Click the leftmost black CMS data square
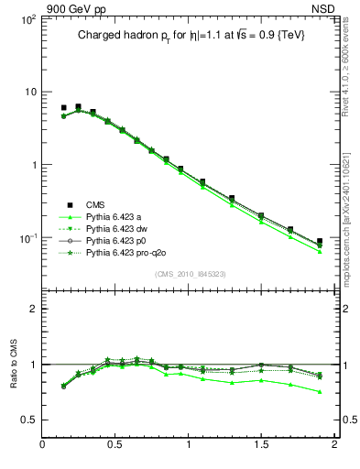click(63, 108)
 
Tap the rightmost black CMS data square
click(320, 242)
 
